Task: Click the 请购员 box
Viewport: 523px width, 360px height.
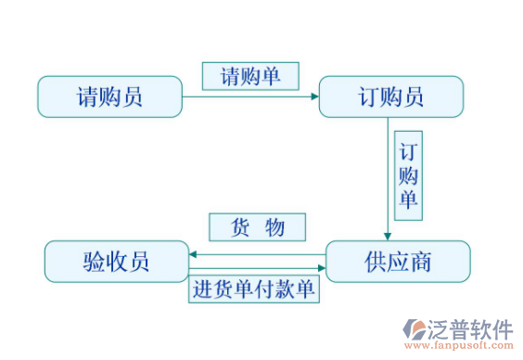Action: coord(109,96)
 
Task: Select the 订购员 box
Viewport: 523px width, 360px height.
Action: coord(390,96)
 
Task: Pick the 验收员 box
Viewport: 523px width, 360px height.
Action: coord(116,262)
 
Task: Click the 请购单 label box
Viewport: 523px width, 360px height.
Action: coord(250,76)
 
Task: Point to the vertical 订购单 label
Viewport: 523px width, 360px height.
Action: coord(408,176)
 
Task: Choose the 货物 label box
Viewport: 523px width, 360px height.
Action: coord(257,227)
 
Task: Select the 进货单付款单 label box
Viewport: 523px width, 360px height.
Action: coord(253,289)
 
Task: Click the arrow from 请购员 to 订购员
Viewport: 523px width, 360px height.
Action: coord(250,96)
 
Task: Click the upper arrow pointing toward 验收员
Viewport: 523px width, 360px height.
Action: coord(255,253)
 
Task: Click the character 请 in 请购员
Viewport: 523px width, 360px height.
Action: coord(88,96)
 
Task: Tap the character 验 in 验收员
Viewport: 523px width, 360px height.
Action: coord(94,262)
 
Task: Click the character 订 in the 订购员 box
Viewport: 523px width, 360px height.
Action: coord(368,96)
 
